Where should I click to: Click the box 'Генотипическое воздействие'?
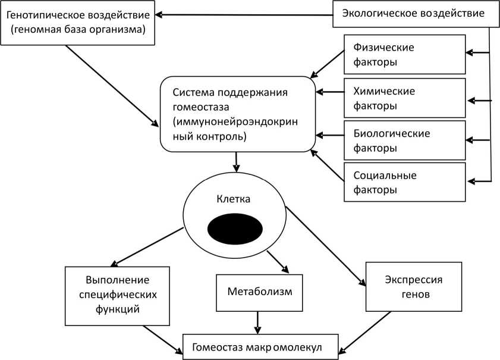pyautogui.click(x=79, y=23)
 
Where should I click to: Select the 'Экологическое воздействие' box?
pyautogui.click(x=416, y=13)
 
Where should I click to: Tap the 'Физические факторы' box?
pyautogui.click(x=404, y=54)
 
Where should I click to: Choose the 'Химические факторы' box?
pyautogui.click(x=404, y=99)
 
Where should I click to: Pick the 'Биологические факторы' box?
pyautogui.click(x=404, y=140)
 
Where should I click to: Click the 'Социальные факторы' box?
pyautogui.click(x=404, y=183)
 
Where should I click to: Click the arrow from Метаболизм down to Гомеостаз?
pyautogui.click(x=257, y=323)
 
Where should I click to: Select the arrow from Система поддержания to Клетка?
pyautogui.click(x=237, y=161)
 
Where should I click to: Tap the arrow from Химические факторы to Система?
pyautogui.click(x=330, y=92)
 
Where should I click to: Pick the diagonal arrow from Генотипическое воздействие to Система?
pyautogui.click(x=112, y=86)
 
